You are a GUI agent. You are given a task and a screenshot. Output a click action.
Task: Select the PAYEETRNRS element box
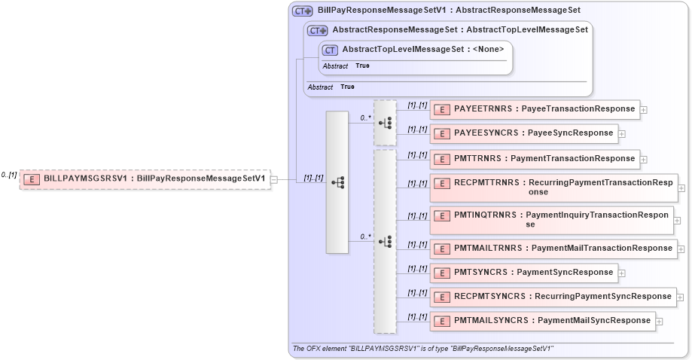coord(535,109)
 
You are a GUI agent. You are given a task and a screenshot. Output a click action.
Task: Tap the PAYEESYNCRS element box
coord(524,133)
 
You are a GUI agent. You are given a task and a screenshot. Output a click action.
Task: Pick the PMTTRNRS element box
coord(535,159)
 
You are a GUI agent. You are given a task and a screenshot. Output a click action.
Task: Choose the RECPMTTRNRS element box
coord(553,187)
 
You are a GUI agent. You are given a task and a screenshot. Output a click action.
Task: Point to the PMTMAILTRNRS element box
coord(553,248)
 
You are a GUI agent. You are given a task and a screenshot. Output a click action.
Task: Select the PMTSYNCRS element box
coord(524,273)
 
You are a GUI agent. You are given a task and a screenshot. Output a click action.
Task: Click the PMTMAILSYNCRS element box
coord(543,321)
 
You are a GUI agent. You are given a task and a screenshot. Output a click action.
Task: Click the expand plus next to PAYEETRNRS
coord(644,110)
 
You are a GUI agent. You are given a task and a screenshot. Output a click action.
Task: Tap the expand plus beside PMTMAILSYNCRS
coord(660,322)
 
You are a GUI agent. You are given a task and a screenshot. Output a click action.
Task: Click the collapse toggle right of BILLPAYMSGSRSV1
coord(274,179)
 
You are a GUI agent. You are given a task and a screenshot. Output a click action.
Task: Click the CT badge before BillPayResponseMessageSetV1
coord(303,11)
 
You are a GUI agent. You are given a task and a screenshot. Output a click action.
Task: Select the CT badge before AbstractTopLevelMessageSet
coord(330,50)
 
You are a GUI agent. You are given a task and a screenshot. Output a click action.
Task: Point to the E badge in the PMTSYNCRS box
coord(443,273)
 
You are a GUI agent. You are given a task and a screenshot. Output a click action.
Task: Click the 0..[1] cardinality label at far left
coord(8,175)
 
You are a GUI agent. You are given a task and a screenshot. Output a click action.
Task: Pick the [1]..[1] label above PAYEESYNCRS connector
coord(417,129)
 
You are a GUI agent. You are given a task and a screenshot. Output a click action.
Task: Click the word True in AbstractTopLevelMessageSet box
coord(362,66)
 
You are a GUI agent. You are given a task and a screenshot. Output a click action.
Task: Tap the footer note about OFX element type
coord(422,349)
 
